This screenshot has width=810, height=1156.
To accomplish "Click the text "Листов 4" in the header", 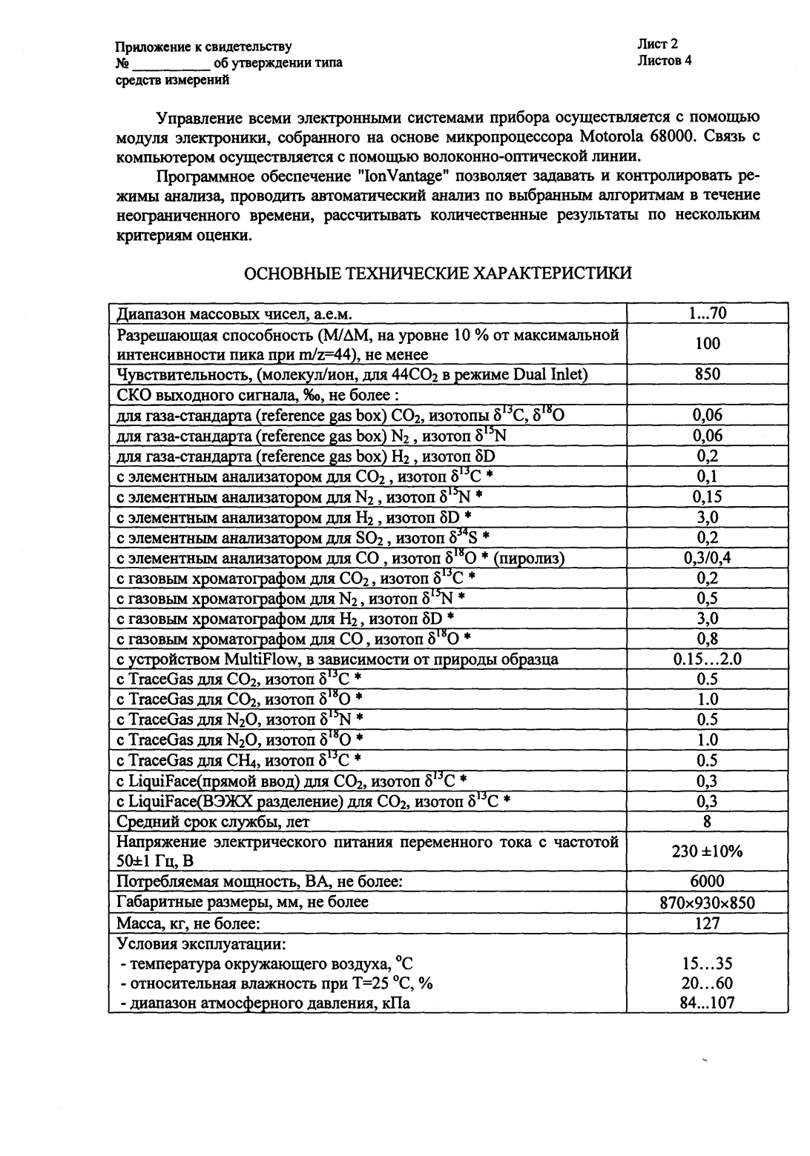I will [x=664, y=61].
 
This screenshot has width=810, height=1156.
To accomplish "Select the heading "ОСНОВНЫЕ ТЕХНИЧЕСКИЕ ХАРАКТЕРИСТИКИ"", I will [x=438, y=273].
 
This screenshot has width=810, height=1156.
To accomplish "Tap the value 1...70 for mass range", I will [x=707, y=313].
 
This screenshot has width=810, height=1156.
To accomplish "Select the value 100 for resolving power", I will [x=707, y=343].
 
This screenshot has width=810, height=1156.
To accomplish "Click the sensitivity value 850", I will [x=707, y=374].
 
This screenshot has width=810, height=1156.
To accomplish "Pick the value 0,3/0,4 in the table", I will [x=707, y=558].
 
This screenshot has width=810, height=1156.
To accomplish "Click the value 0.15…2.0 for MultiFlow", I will [x=707, y=659].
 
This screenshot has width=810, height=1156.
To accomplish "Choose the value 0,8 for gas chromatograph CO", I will [x=707, y=638].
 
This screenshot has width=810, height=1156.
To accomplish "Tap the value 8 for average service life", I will [x=707, y=821].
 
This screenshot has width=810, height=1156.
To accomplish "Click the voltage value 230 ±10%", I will [x=707, y=851].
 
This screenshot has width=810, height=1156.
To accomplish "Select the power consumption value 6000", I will [x=707, y=882].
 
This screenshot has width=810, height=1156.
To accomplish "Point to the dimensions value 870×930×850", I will [x=707, y=903].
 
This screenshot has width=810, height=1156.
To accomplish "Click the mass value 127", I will [x=707, y=923].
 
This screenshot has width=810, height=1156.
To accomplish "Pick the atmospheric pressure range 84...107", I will [x=707, y=1003].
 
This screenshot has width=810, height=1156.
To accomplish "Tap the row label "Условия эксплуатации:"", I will [x=202, y=944].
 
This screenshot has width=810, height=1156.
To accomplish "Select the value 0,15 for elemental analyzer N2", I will [x=707, y=496].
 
